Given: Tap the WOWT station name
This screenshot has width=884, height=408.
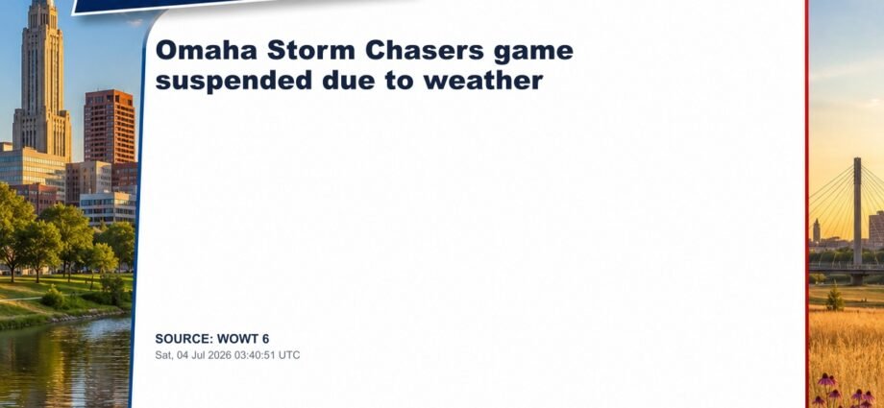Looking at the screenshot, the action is (x=236, y=339).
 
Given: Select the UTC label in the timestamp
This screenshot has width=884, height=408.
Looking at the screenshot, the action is (x=292, y=355).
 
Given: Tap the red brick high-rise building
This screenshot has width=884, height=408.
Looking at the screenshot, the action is (x=109, y=127).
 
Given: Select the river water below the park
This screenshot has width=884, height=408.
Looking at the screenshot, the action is (x=64, y=364).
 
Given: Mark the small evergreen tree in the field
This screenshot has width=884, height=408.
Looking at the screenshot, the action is (x=835, y=298).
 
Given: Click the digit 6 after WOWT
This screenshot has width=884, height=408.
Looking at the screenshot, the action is (x=265, y=339).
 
